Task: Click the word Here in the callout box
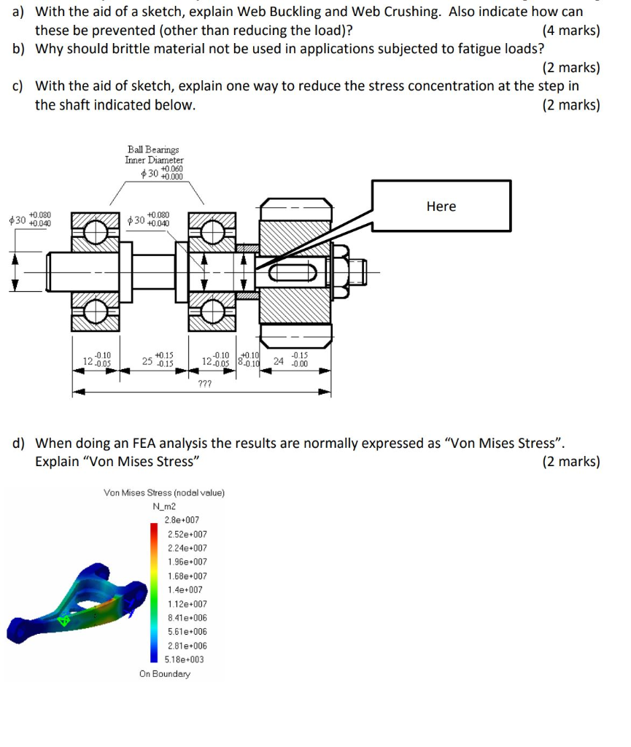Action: coord(441,206)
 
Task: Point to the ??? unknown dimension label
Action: coord(205,383)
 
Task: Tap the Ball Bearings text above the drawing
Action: coord(153,150)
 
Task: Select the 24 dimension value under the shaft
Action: coord(279,360)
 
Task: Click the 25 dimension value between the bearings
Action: coord(147,360)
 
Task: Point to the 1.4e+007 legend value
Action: coord(182,589)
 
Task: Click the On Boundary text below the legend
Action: coord(165,674)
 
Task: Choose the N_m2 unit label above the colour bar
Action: coord(165,506)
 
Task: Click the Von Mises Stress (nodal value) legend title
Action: coord(164,492)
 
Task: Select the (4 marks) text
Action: coord(571,31)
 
